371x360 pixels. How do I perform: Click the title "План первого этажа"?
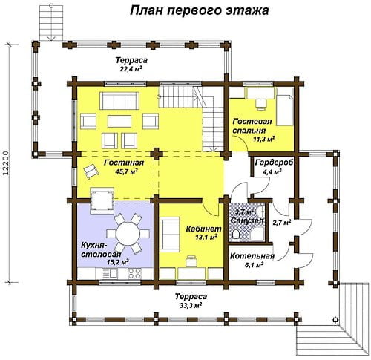coord(200,11)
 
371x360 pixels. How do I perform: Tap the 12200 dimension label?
coord(6,163)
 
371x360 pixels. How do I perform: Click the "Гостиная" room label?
coord(124,163)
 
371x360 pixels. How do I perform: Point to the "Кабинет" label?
coord(203,229)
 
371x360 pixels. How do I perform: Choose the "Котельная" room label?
coord(252,256)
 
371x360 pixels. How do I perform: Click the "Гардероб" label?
coord(274,163)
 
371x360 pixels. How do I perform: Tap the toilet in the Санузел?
coord(236,234)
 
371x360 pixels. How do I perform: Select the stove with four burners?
coord(134,273)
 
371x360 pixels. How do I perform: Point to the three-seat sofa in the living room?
coord(119,101)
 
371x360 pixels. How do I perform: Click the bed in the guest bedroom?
coord(284,107)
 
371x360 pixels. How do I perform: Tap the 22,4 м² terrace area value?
coord(131,69)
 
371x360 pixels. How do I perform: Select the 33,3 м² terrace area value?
coord(191,306)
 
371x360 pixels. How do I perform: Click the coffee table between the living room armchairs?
coord(119,121)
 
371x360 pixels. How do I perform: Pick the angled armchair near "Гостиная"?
coord(91,171)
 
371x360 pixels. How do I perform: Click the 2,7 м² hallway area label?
coord(281,223)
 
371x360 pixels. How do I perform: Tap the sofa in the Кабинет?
coord(170,235)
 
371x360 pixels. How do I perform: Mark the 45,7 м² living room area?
coord(126,171)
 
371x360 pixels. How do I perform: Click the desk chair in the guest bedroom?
coord(261,104)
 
